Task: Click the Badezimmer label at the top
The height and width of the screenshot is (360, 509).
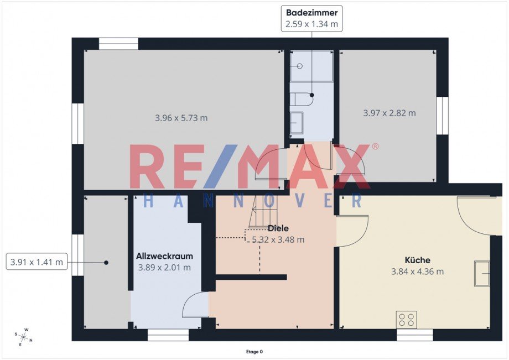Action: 311,13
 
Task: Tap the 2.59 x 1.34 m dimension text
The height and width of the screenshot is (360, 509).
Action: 311,24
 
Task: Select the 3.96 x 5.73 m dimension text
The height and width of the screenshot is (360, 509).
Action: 181,118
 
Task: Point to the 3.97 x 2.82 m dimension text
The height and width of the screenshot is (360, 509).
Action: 389,113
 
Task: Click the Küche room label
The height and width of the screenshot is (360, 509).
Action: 418,260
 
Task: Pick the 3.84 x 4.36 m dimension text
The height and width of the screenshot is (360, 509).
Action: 418,272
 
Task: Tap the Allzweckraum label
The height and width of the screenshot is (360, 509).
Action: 164,256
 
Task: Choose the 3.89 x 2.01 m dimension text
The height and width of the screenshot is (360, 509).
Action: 164,268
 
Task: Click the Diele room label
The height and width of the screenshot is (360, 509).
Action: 278,228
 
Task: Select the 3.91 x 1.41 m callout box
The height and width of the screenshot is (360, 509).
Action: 37,262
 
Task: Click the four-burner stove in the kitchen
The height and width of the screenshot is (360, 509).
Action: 407,319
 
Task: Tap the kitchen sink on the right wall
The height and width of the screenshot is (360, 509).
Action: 482,273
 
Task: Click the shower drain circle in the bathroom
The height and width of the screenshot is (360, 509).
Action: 300,66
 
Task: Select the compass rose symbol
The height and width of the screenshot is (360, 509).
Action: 23,337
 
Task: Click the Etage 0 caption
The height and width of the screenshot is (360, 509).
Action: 254,352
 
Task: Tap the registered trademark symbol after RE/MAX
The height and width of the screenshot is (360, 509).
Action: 375,147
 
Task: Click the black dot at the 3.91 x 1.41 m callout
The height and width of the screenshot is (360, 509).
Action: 106,263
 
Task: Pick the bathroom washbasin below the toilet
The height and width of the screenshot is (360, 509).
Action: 297,123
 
